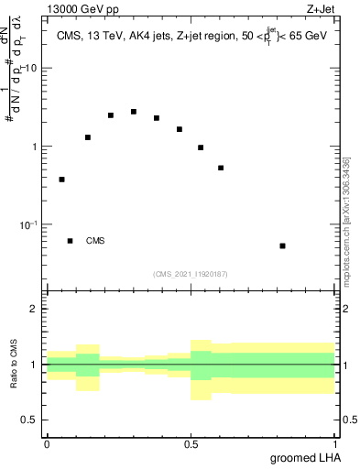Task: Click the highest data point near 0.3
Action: click(134, 112)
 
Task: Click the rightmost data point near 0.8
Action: click(283, 245)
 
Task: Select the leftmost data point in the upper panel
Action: click(62, 180)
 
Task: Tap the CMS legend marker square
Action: click(71, 241)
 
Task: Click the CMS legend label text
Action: click(95, 242)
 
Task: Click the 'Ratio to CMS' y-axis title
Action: click(16, 365)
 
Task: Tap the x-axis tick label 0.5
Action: click(191, 443)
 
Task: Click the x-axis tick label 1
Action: click(334, 443)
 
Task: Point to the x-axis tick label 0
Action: click(47, 443)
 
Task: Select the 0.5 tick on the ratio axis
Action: click(32, 420)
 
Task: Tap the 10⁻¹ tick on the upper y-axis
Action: click(28, 224)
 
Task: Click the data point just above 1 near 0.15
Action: click(88, 137)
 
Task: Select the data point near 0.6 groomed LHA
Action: click(221, 168)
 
